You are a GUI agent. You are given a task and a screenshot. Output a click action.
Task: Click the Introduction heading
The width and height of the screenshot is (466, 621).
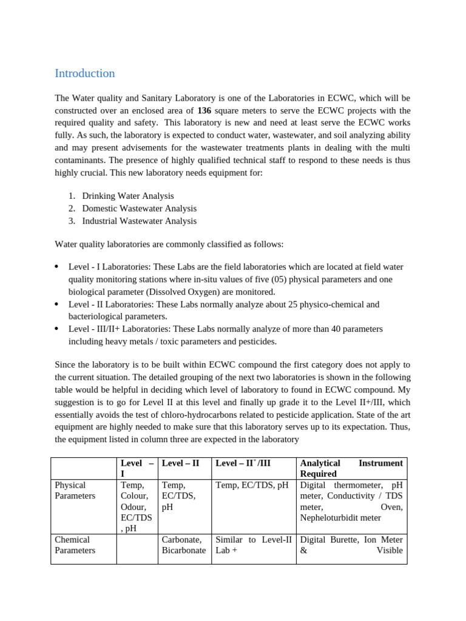coord(84,73)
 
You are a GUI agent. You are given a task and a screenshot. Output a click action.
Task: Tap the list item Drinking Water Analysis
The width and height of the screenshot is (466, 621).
coord(128,196)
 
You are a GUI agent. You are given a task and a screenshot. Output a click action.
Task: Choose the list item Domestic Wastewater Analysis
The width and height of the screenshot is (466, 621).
coord(140,209)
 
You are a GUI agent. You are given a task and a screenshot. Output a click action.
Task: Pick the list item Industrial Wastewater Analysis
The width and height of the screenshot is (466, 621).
coord(140,221)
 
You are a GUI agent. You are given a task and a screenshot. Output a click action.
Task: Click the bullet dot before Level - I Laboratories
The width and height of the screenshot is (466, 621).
coord(56,267)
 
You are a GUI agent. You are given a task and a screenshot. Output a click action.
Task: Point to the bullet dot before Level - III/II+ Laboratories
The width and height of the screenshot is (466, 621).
coord(56,329)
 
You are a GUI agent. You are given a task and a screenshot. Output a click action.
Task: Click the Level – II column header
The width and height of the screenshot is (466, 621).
coord(180,463)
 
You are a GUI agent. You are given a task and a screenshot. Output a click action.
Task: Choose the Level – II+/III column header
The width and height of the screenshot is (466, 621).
coord(243,463)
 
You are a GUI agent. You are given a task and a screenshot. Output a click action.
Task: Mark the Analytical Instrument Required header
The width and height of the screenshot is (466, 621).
coord(351,468)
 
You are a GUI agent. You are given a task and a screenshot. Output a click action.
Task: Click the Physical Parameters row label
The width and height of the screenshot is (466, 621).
coord(75,491)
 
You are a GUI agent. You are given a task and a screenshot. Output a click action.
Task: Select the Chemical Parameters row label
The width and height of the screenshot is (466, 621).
coord(75,545)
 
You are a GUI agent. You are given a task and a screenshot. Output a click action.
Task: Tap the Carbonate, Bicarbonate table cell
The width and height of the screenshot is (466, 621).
coord(184,545)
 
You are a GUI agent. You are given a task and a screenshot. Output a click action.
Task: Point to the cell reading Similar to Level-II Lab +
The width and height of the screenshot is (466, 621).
coord(254,545)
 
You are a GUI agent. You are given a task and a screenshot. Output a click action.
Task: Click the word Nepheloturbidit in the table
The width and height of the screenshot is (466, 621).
coord(329,518)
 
